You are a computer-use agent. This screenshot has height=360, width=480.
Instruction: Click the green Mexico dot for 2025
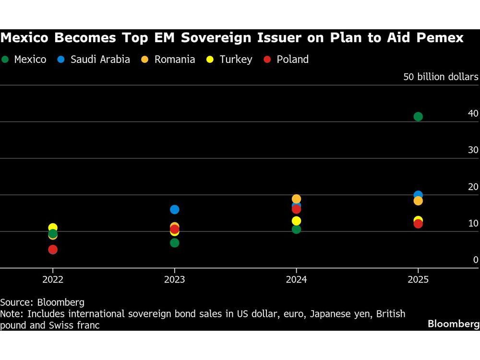pyautogui.click(x=418, y=117)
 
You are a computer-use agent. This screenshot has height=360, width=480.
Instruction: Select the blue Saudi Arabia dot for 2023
pyautogui.click(x=175, y=209)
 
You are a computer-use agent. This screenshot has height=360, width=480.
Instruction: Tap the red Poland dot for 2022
pyautogui.click(x=53, y=250)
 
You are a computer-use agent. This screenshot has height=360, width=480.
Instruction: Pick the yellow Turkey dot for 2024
pyautogui.click(x=296, y=221)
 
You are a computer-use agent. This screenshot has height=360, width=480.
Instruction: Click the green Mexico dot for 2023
pyautogui.click(x=175, y=243)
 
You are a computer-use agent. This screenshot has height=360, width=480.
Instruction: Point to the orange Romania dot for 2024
pyautogui.click(x=296, y=199)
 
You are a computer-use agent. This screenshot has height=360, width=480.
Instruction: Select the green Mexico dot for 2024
pyautogui.click(x=296, y=229)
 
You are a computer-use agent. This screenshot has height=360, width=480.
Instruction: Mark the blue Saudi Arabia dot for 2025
pyautogui.click(x=418, y=195)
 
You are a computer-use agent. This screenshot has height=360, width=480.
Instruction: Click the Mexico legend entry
pyautogui.click(x=25, y=60)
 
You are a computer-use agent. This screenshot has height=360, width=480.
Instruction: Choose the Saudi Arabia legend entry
pyautogui.click(x=95, y=60)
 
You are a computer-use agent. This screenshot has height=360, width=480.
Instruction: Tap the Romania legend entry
pyautogui.click(x=169, y=60)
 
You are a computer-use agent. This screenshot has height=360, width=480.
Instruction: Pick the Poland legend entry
pyautogui.click(x=287, y=60)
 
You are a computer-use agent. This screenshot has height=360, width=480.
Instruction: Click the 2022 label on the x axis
pyautogui.click(x=53, y=279)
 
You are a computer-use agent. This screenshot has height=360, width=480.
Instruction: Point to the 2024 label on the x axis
pyautogui.click(x=296, y=279)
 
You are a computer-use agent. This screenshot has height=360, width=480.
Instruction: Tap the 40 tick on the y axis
pyautogui.click(x=473, y=113)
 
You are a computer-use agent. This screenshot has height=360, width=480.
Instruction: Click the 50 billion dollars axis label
pyautogui.click(x=441, y=77)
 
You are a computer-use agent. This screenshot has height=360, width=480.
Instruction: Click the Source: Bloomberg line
pyautogui.click(x=42, y=302)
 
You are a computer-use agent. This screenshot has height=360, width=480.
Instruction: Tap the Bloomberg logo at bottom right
pyautogui.click(x=453, y=324)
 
